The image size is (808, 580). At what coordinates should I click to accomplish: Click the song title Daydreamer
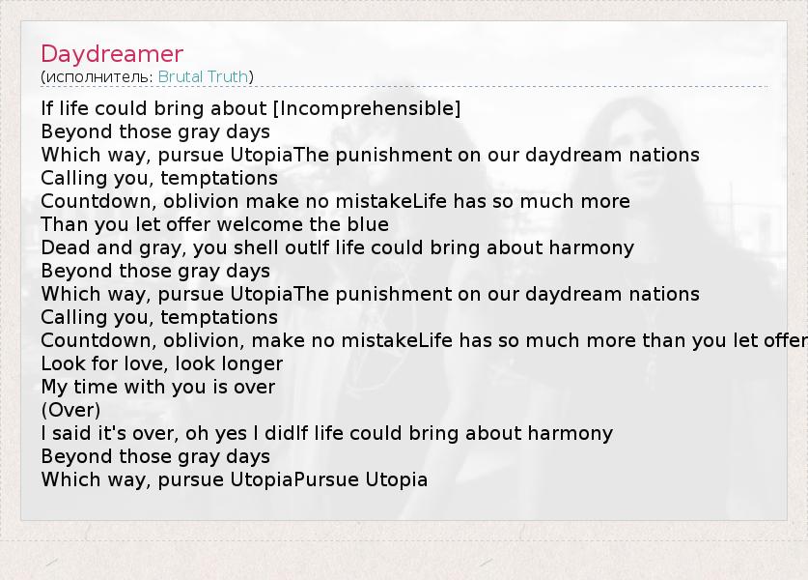point(112,54)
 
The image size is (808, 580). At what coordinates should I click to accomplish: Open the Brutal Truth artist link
point(203,77)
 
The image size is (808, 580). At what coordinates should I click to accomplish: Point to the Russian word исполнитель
point(98,77)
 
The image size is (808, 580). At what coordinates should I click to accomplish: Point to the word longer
point(254,364)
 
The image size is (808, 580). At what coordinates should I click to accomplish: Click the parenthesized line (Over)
point(70,410)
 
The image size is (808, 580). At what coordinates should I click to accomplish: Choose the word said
point(71,433)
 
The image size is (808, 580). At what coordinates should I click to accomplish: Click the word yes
point(231,434)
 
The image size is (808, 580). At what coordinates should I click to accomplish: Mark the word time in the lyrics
point(95,387)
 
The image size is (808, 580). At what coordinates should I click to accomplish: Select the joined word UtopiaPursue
point(294,479)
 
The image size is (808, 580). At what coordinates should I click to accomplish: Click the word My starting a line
point(54,388)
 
